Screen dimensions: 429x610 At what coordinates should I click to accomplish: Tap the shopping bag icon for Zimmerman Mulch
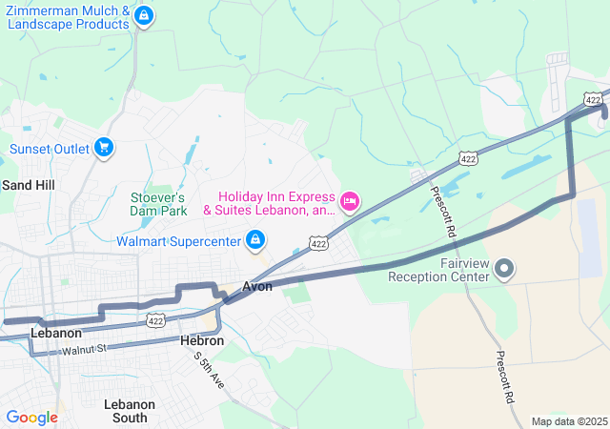click(144, 15)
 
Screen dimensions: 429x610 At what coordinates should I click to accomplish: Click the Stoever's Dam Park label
click(158, 203)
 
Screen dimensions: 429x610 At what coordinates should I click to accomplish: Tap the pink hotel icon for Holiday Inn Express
click(350, 200)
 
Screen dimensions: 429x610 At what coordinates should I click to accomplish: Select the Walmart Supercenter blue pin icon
click(254, 239)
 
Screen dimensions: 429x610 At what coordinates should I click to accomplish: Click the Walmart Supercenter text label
click(178, 241)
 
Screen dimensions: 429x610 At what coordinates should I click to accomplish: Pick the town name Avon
click(257, 286)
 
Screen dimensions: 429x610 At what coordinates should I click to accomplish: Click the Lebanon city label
click(56, 334)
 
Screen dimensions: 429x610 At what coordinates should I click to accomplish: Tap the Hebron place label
click(202, 340)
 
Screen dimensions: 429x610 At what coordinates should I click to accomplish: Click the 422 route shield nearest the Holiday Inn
click(319, 244)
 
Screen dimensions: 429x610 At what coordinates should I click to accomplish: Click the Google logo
click(31, 418)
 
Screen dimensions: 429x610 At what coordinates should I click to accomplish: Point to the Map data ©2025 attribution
click(568, 421)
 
